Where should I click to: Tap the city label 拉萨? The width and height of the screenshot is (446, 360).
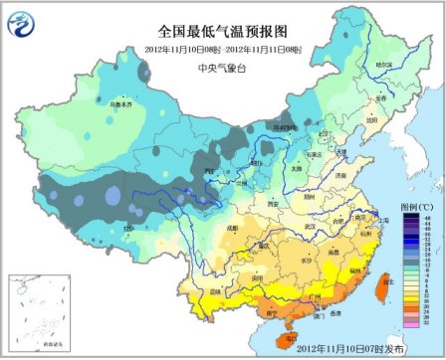coord(126,228)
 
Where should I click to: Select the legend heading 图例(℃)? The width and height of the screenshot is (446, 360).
coord(414,207)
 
